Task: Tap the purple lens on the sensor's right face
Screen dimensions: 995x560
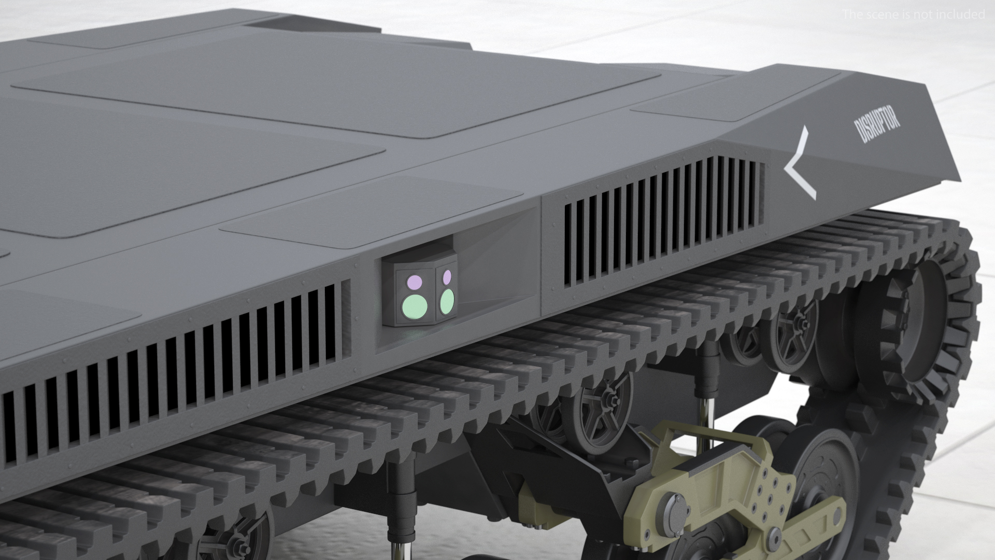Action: [447, 276]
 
